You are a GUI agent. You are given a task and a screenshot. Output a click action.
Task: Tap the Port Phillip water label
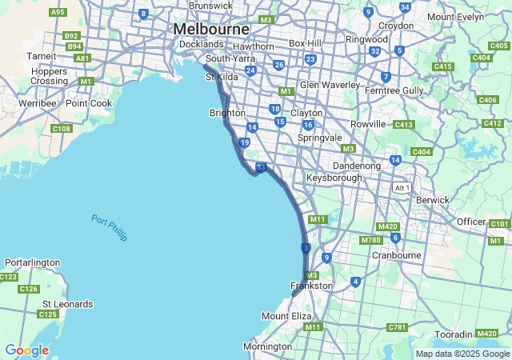(x=110, y=227)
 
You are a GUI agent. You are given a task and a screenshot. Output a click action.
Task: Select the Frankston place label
(x=311, y=286)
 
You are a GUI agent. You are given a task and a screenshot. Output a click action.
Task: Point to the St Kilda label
(x=222, y=77)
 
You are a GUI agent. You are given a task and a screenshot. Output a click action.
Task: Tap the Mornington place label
(x=267, y=346)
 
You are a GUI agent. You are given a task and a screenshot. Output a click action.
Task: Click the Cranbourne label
(x=396, y=255)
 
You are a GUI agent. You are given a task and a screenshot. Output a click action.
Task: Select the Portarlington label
(x=33, y=262)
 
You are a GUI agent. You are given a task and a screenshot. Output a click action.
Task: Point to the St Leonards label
(x=67, y=304)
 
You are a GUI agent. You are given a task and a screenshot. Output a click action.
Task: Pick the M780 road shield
(x=370, y=240)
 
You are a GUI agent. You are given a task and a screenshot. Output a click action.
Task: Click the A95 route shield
(x=58, y=12)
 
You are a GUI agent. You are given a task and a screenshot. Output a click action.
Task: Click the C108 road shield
(x=62, y=128)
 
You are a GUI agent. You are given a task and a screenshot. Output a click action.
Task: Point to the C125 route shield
(x=48, y=314)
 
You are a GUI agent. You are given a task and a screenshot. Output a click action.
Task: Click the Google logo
(x=26, y=350)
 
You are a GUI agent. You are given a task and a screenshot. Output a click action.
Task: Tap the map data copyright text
(x=462, y=354)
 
